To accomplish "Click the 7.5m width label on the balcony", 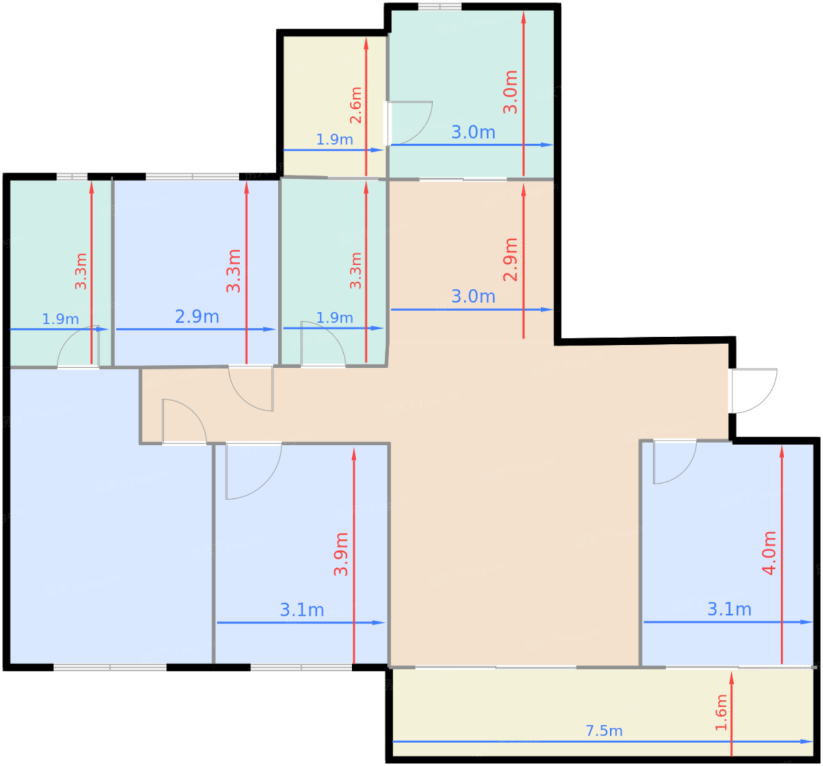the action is [x=604, y=731].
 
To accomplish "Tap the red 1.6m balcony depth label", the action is [x=721, y=712].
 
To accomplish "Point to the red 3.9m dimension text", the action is [x=341, y=554].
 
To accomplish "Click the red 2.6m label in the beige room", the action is [x=356, y=105].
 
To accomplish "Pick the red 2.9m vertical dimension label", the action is [x=510, y=260].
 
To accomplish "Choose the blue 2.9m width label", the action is [x=197, y=317].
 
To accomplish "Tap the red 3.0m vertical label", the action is [x=510, y=92].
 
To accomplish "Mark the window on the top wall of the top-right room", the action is [x=439, y=6].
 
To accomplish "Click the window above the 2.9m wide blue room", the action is [x=192, y=176].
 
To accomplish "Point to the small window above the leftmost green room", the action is [x=72, y=176].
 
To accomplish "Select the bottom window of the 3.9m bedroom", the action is [x=301, y=667].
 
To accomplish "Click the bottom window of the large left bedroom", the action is [x=110, y=667].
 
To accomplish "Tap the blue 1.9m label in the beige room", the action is [x=334, y=140].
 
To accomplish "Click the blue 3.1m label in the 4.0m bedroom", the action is [x=729, y=610].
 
